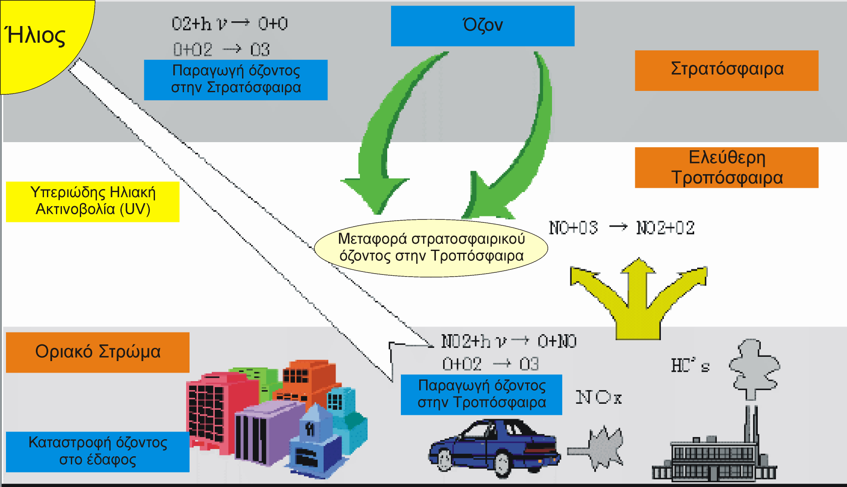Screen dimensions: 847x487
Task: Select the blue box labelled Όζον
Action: [x=482, y=26]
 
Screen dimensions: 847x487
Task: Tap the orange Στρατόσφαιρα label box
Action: [x=727, y=70]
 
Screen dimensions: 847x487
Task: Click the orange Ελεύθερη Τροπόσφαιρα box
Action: [x=727, y=167]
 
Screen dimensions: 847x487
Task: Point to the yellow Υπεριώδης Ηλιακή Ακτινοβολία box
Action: [x=93, y=201]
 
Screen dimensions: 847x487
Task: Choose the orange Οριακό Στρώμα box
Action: [x=98, y=352]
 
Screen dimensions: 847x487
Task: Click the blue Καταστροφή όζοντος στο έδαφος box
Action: [x=98, y=452]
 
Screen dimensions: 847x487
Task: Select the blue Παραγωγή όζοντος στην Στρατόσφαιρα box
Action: [x=236, y=80]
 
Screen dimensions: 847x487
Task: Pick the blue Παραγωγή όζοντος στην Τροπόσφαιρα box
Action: [x=482, y=394]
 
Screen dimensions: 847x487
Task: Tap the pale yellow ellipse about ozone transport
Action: [x=431, y=248]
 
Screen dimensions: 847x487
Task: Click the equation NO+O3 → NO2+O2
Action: [x=622, y=227]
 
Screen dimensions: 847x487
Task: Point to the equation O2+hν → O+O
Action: [x=230, y=23]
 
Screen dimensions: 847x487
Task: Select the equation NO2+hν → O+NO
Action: [x=509, y=341]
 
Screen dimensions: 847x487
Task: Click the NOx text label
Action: [x=599, y=397]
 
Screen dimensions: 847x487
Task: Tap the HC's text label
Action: [x=690, y=365]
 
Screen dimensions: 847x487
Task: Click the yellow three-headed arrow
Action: [x=638, y=299]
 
